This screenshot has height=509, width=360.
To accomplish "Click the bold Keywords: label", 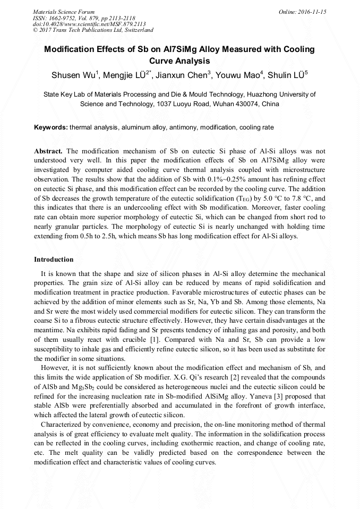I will click(50, 128).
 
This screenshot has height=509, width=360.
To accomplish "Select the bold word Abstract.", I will click(48, 151).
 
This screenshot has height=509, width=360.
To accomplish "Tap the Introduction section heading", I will click(54, 260).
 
